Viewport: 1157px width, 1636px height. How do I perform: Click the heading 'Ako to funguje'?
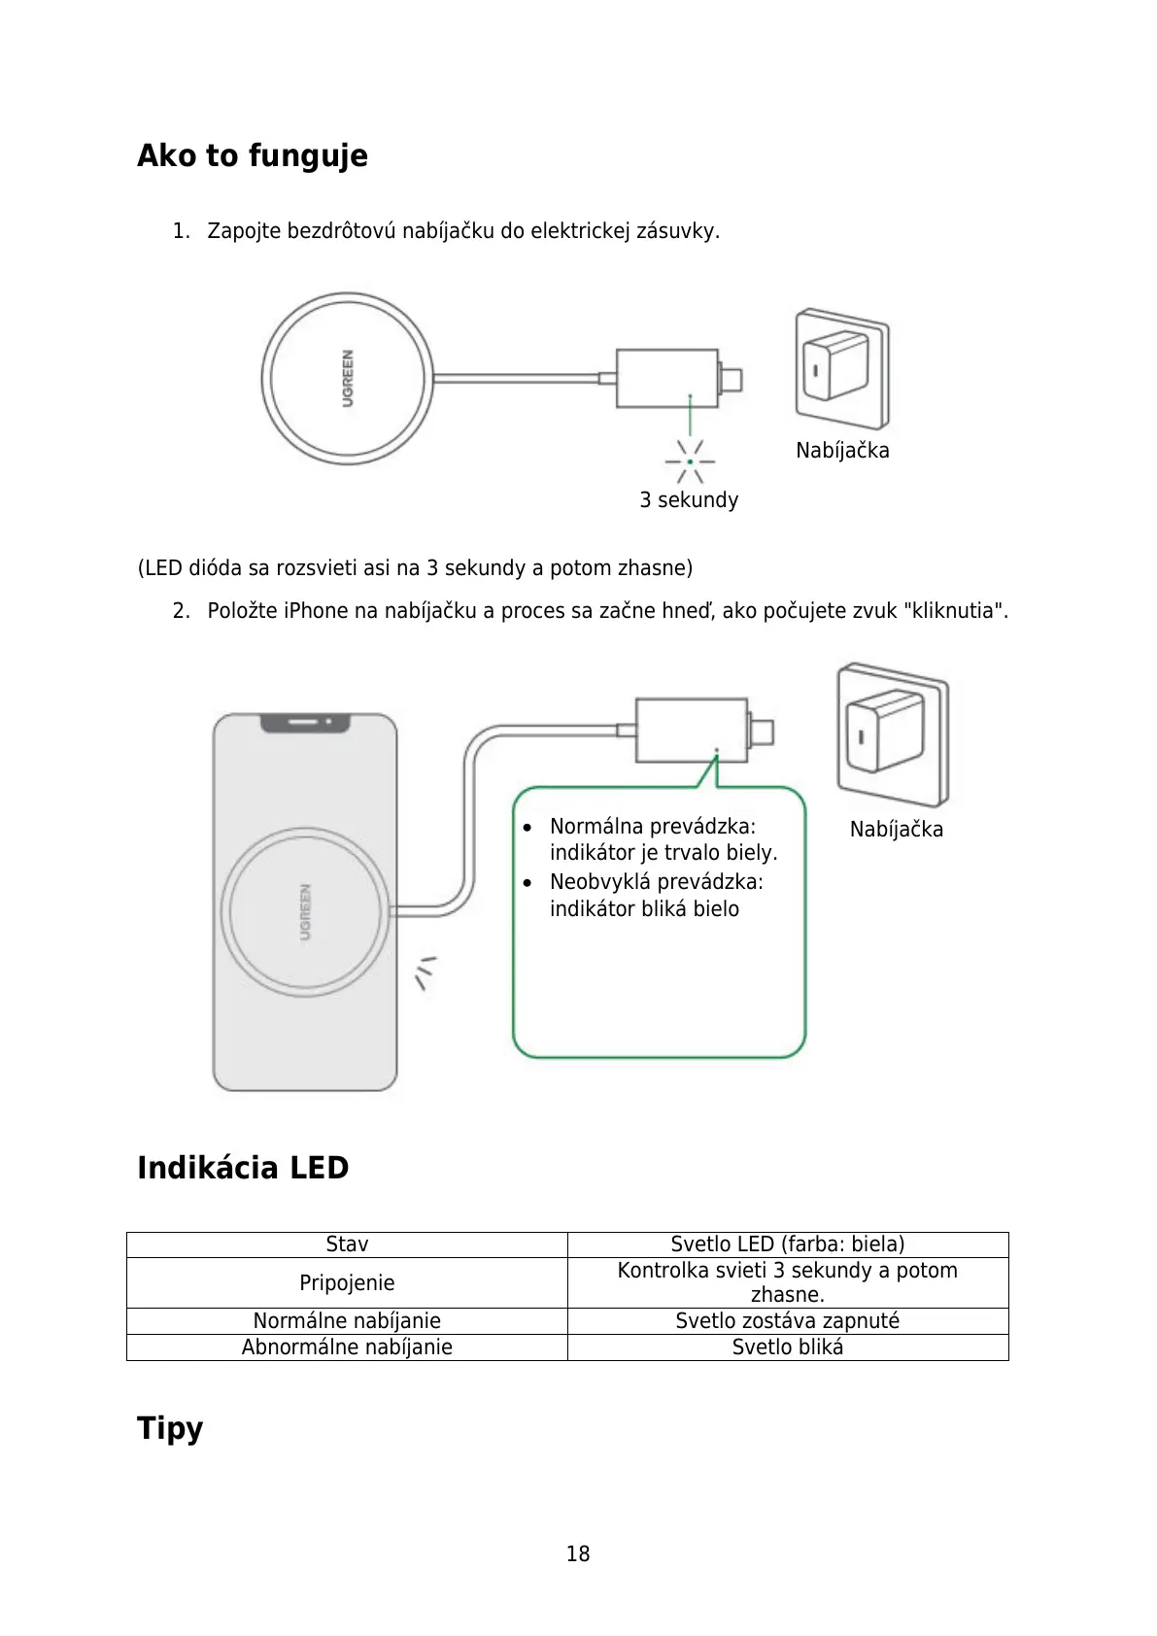coord(252,155)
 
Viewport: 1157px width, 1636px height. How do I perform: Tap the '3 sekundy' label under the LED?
coord(689,500)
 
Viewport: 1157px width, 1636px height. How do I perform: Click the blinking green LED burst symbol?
coord(690,461)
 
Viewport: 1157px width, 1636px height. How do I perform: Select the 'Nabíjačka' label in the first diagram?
coord(842,451)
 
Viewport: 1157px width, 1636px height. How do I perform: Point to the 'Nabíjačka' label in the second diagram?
coord(896,830)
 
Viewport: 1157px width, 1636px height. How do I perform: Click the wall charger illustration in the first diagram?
coord(841,369)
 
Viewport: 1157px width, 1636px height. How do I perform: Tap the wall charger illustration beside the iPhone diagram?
coord(892,733)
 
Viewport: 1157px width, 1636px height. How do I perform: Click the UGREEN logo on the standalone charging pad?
coord(347,378)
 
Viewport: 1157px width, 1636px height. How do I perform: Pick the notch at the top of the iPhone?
coord(304,723)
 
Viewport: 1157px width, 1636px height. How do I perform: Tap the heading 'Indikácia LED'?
coord(243,1168)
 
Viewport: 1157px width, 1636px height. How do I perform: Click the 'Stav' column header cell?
coord(347,1244)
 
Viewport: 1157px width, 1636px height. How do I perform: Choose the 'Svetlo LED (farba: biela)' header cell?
coord(787,1244)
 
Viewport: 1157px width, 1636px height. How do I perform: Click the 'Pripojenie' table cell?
coord(347,1283)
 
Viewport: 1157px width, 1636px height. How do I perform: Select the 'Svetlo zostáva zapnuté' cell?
coord(787,1321)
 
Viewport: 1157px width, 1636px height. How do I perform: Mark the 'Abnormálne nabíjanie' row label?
coord(347,1347)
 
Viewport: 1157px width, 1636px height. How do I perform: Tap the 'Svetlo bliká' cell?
coord(787,1347)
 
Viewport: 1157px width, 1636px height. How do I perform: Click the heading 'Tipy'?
coord(170,1428)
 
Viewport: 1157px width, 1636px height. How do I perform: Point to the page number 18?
coord(578,1554)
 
